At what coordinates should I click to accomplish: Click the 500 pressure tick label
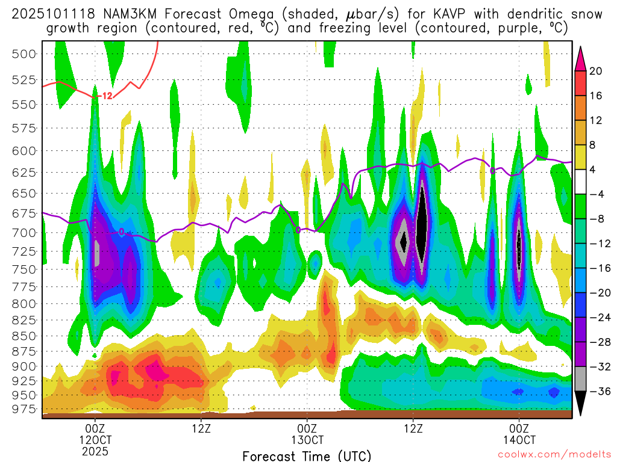coord(25,54)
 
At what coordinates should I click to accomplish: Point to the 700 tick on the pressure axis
coord(25,232)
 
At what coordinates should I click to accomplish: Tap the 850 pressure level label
coord(25,336)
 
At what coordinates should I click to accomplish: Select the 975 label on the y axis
coord(25,409)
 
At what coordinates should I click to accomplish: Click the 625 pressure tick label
coord(25,172)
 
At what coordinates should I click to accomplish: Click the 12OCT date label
coord(95,439)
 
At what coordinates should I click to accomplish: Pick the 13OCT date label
coord(307,439)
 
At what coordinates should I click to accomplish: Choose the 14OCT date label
coord(519,439)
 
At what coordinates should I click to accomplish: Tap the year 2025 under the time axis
coord(95,451)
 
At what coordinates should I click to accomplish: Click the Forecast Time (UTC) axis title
coord(307,455)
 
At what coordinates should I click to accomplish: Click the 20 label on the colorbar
coord(596,71)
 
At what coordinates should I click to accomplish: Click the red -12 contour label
coord(105,96)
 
